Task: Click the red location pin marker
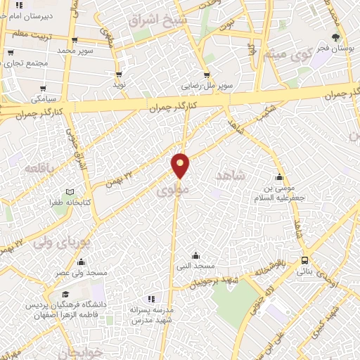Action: [x=181, y=165]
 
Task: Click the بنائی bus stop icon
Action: [x=304, y=260]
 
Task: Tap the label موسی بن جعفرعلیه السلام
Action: [x=281, y=194]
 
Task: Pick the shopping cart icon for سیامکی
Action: [x=44, y=89]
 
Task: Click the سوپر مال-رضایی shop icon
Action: [x=206, y=75]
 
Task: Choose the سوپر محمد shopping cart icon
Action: [x=75, y=41]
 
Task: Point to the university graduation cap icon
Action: [x=65, y=294]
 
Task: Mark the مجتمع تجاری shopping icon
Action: [x=11, y=51]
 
